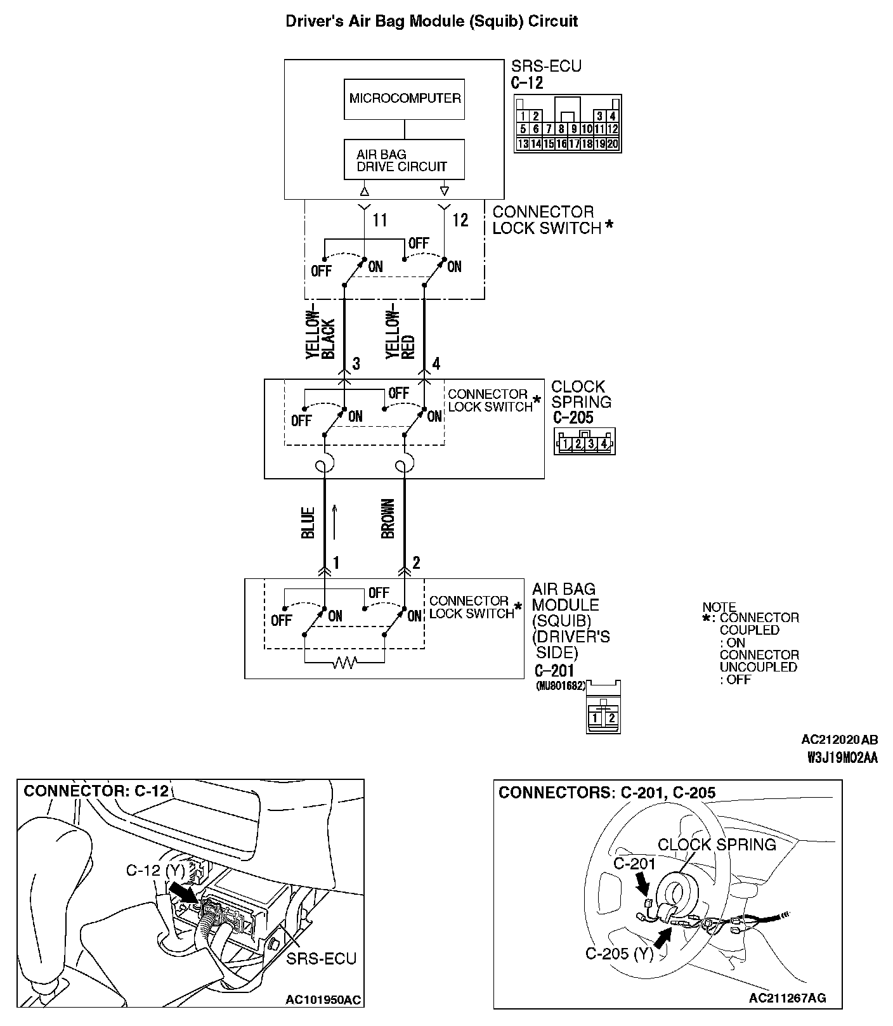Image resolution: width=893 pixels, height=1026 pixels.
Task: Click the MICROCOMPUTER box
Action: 404,99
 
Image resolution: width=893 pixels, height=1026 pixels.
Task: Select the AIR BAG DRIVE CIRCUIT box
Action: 404,160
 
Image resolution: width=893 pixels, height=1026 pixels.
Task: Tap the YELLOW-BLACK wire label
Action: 320,336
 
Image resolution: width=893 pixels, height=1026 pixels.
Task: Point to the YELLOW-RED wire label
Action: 400,336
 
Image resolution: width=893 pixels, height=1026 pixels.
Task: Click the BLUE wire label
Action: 308,523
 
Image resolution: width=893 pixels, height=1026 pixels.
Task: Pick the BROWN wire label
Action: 388,519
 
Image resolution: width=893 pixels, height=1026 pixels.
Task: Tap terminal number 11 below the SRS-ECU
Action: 379,220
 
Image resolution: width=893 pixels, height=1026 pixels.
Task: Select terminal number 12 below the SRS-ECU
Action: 460,220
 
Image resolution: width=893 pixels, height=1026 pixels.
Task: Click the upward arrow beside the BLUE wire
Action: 334,521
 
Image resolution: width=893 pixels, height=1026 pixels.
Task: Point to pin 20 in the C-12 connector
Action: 613,144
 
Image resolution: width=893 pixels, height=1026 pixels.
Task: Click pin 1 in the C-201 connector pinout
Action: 596,718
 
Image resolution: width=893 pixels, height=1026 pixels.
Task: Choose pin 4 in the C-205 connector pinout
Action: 604,443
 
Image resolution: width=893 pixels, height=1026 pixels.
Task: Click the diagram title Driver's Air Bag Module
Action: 431,22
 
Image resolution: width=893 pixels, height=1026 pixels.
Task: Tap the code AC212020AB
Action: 839,739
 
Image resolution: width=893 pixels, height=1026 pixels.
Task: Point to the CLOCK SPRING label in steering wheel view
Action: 717,845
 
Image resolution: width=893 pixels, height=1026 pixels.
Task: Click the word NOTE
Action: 719,607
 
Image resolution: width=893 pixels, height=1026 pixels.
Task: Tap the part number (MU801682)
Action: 561,685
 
